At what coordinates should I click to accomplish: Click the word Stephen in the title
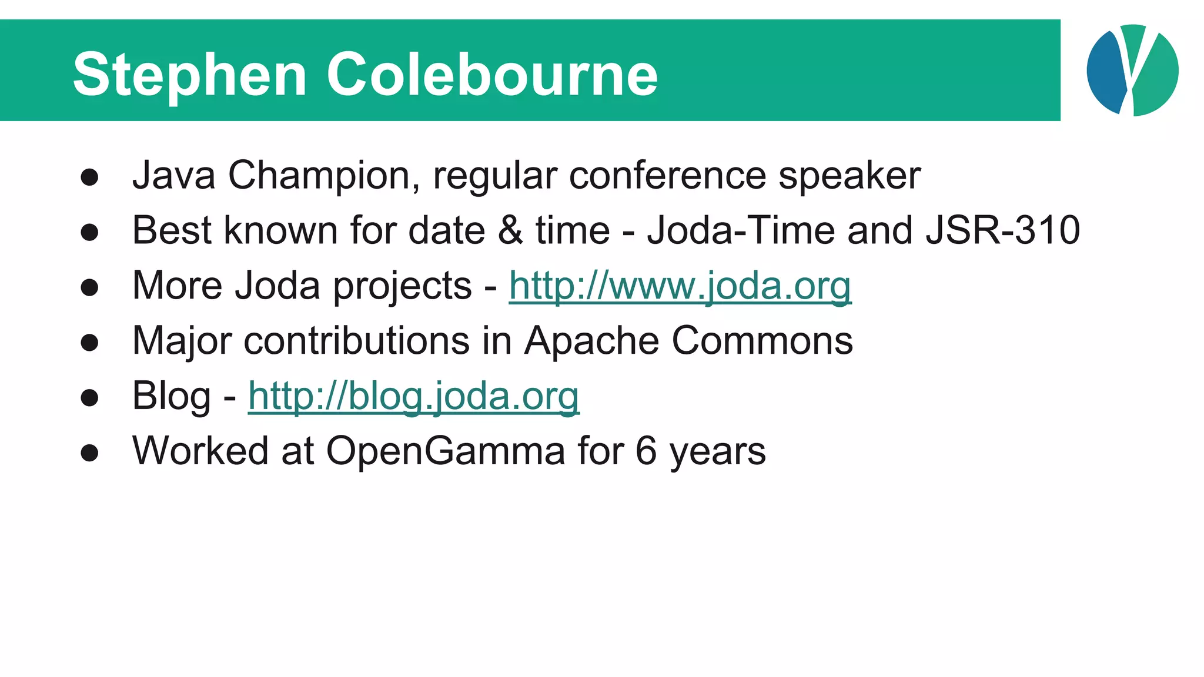click(189, 75)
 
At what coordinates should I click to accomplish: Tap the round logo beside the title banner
click(1132, 71)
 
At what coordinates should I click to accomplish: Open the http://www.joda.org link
click(680, 286)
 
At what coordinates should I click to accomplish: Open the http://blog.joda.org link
click(413, 396)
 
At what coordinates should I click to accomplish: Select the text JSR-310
click(1002, 230)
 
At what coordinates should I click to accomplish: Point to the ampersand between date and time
click(510, 230)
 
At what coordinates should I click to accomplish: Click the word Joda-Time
click(741, 230)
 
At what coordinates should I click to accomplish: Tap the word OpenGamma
click(446, 451)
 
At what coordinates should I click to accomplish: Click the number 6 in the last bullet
click(646, 451)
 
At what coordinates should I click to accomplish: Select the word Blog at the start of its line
click(171, 396)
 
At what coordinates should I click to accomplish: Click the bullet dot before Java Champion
click(89, 177)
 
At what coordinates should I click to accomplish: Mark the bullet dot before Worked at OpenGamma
click(89, 453)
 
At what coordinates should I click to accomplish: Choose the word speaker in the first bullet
click(849, 176)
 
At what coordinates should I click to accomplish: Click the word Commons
click(762, 341)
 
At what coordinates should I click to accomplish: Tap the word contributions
click(357, 341)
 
